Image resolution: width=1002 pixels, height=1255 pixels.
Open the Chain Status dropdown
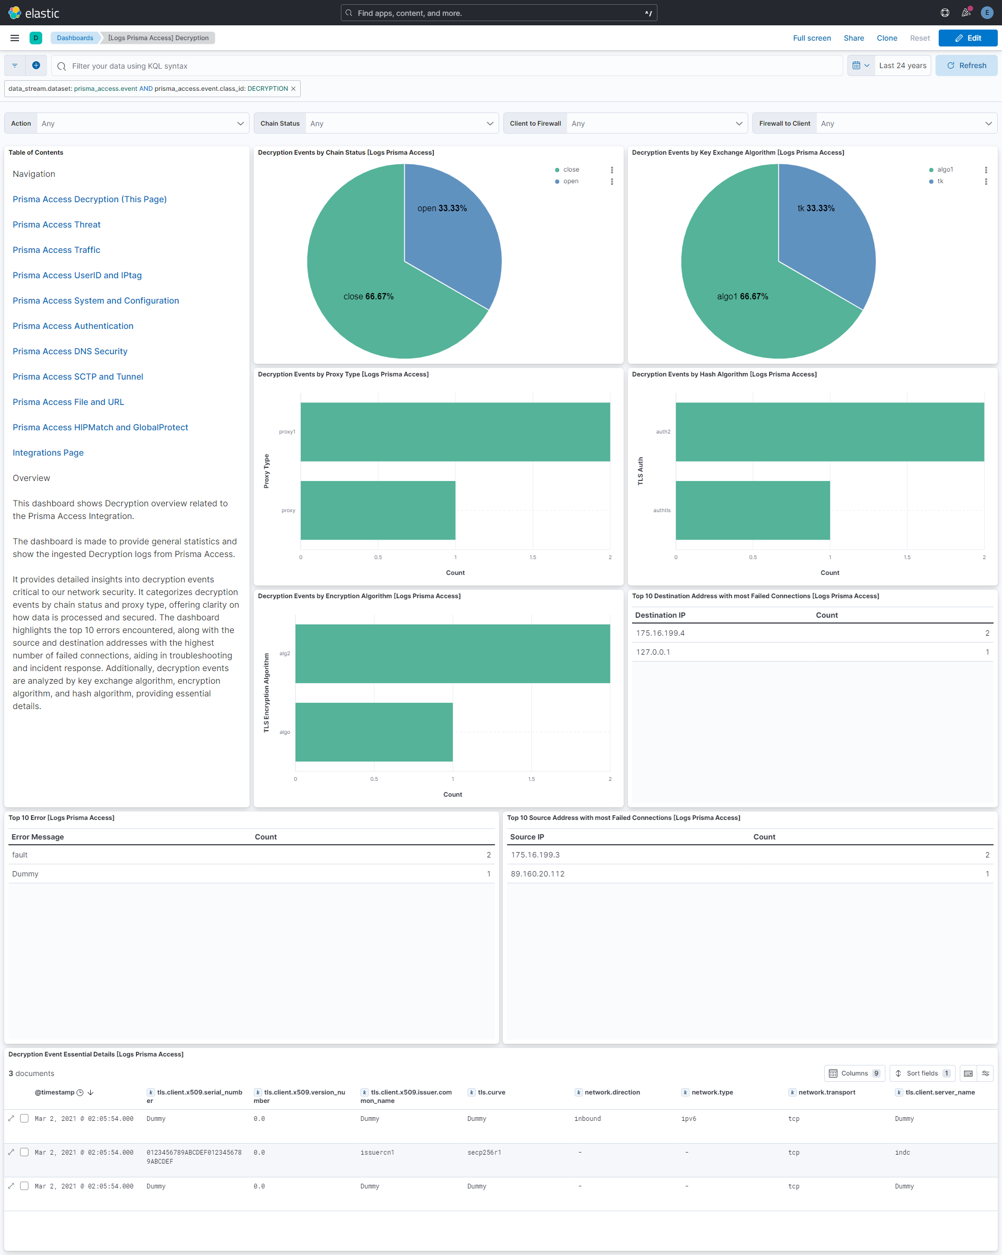coord(401,124)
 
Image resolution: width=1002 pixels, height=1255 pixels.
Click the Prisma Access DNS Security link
coord(70,351)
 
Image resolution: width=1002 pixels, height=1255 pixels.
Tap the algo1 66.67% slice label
coord(742,296)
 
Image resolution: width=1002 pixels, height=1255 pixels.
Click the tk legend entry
coord(940,181)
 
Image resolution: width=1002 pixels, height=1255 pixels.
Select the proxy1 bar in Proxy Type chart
coord(454,432)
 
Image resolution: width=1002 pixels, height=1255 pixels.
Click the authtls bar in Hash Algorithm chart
coord(752,510)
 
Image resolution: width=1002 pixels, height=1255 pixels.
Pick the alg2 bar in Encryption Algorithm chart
coord(452,653)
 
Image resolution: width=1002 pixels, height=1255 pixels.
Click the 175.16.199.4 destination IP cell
coord(660,633)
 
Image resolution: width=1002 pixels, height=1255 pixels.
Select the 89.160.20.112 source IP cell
coord(537,874)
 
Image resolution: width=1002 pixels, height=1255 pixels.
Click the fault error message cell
coord(20,854)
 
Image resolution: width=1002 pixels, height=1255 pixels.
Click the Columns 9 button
coord(854,1073)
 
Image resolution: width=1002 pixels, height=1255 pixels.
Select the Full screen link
coord(811,38)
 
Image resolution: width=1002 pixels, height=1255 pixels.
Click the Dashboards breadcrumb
coord(74,38)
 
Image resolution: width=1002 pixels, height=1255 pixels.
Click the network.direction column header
coord(612,1092)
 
